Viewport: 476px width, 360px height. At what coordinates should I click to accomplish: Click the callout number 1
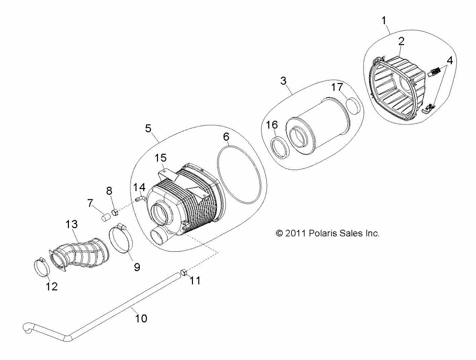click(x=384, y=21)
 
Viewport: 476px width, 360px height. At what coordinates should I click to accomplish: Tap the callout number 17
click(x=337, y=87)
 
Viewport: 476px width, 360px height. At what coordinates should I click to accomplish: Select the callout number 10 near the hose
click(x=142, y=318)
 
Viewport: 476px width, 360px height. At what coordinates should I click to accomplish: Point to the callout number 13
click(x=71, y=224)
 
